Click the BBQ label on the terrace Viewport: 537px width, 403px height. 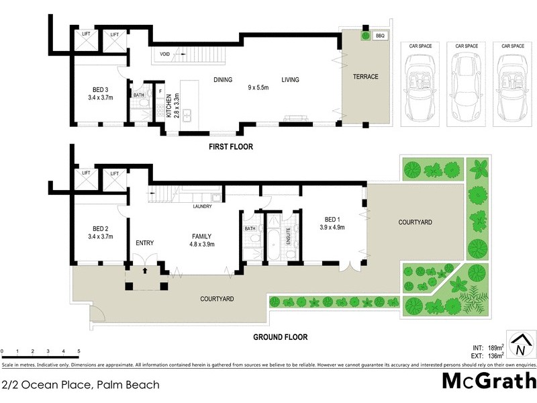click(381, 36)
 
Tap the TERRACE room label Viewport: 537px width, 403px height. click(366, 77)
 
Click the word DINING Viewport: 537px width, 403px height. click(223, 80)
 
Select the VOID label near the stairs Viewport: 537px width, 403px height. click(165, 53)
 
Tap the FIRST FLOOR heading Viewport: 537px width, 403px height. click(230, 146)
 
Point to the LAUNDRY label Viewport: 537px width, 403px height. click(202, 206)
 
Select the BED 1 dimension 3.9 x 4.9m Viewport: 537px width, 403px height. click(332, 228)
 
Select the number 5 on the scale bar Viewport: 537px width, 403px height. click(79, 351)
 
